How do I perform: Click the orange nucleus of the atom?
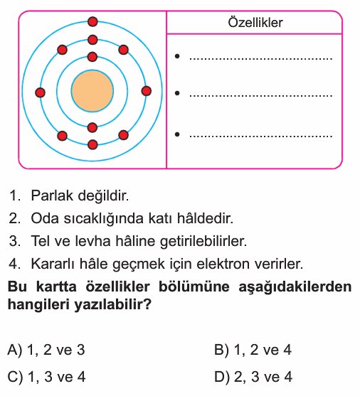click(x=92, y=91)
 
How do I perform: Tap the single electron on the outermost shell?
click(x=92, y=22)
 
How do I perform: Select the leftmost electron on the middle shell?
click(x=40, y=92)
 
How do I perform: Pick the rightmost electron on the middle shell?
click(x=147, y=91)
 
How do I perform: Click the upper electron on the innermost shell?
click(x=92, y=57)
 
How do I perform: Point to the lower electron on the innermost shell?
click(x=92, y=128)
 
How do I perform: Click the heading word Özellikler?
click(x=255, y=23)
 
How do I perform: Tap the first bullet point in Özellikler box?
click(x=177, y=56)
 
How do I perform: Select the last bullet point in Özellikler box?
click(x=177, y=134)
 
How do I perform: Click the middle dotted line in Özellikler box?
click(x=260, y=96)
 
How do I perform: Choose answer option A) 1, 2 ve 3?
click(x=46, y=350)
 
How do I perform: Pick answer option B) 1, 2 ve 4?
click(x=253, y=350)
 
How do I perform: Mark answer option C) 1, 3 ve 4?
click(x=46, y=377)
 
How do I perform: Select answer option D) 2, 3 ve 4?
click(x=253, y=377)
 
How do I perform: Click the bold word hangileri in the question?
click(x=38, y=305)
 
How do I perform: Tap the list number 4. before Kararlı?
click(x=15, y=264)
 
